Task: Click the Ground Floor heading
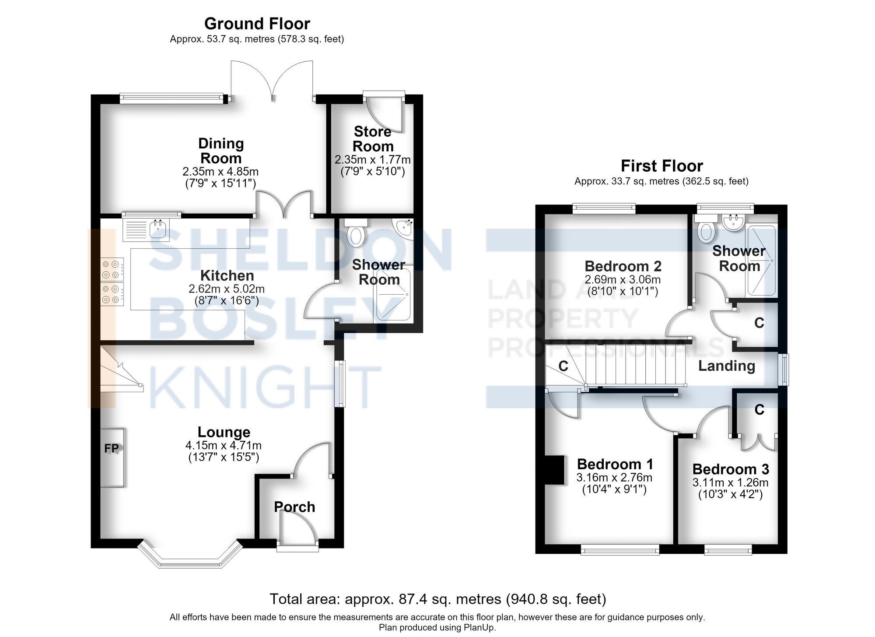[257, 24]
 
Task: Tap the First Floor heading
[662, 166]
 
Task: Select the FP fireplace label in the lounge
[112, 448]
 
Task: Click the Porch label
[294, 507]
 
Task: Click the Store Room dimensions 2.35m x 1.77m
[373, 159]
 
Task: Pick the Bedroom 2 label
[623, 266]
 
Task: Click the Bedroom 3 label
[731, 469]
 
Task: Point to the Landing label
[727, 366]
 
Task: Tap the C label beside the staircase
[563, 366]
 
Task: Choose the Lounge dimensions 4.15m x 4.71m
[224, 446]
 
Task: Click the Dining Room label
[221, 151]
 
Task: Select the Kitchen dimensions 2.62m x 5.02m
[227, 289]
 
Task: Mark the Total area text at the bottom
[438, 599]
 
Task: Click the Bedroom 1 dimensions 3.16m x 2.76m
[614, 478]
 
